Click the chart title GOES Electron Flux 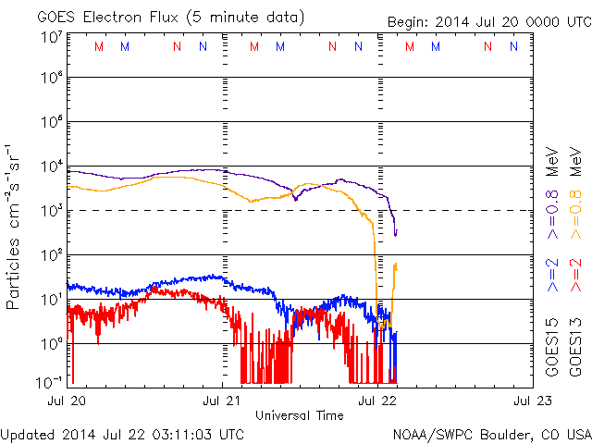(157, 18)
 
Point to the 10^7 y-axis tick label (50, 36)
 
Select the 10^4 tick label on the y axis (50, 166)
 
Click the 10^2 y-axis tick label (50, 254)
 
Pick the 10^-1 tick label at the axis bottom (48, 381)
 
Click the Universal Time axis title (300, 415)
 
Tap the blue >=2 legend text (553, 276)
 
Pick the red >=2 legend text (575, 276)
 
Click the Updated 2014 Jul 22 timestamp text (123, 433)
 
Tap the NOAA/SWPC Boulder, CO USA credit (490, 433)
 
